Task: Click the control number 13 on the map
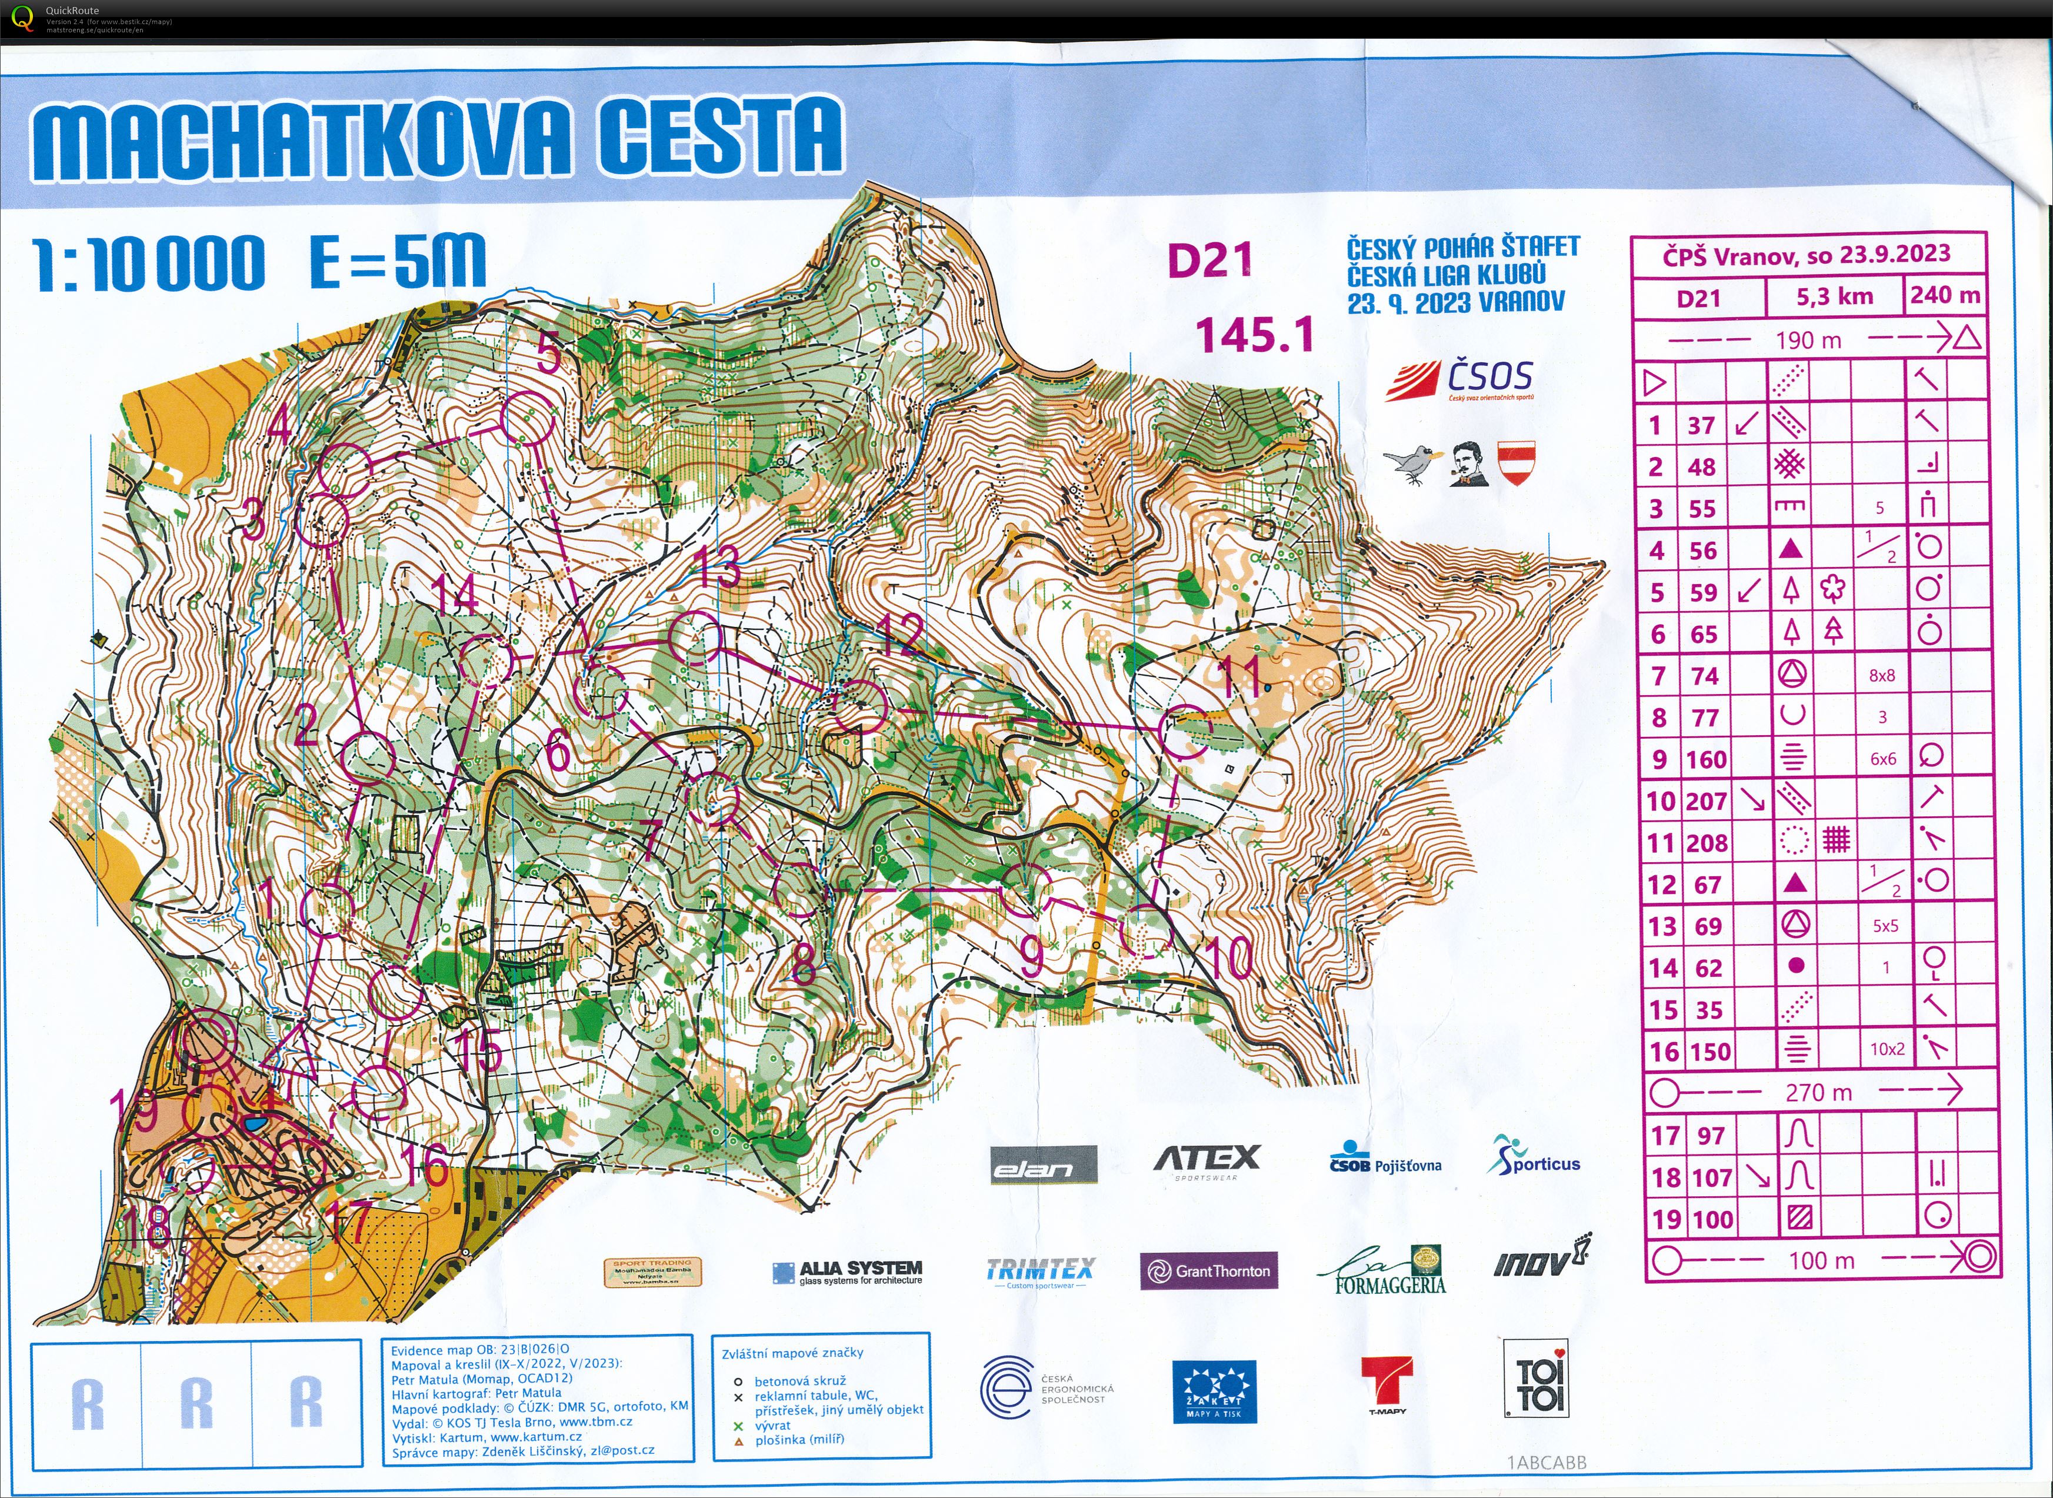coord(719,568)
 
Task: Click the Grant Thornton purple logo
coord(1209,1272)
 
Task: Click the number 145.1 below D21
coord(1255,335)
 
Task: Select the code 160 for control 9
coord(1706,759)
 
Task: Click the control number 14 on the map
coord(454,596)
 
